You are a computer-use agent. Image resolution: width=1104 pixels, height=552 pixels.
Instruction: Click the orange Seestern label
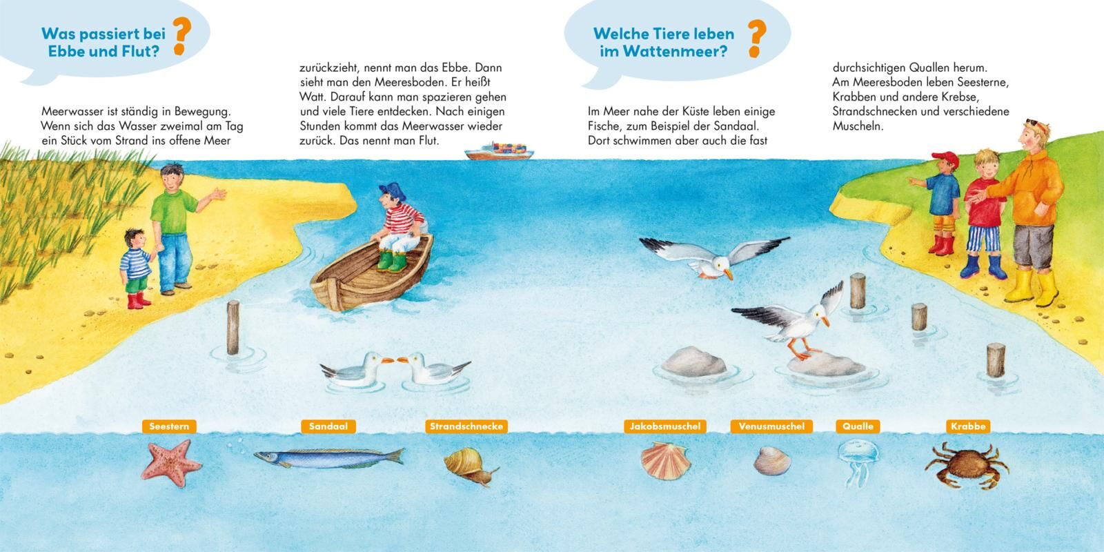point(169,426)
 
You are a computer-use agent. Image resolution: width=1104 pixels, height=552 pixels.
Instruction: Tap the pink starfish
point(171,464)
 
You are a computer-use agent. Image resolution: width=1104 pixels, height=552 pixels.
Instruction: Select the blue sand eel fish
point(328,458)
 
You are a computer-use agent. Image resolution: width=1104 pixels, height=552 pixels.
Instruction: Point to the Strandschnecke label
point(466,426)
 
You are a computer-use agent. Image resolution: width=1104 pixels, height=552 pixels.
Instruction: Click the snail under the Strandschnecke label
point(470,466)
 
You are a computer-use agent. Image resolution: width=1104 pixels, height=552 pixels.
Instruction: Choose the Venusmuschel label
point(771,426)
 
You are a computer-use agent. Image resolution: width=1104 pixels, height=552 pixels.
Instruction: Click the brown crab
point(967,465)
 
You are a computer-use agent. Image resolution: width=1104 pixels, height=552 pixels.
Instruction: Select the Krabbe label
point(968,426)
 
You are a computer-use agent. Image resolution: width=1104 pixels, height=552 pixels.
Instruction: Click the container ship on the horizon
point(499,151)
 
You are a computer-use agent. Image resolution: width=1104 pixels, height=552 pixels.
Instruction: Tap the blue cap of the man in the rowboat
point(393,190)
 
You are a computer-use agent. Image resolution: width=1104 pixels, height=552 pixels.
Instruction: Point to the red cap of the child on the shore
point(946,159)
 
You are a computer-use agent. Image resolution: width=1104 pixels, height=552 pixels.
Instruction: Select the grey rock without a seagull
point(693,362)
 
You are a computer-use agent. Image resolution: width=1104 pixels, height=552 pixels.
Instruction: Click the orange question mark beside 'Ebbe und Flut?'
point(181,36)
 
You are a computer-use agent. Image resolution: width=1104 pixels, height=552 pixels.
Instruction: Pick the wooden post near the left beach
point(233,327)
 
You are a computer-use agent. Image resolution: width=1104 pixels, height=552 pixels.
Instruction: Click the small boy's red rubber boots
point(137,300)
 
